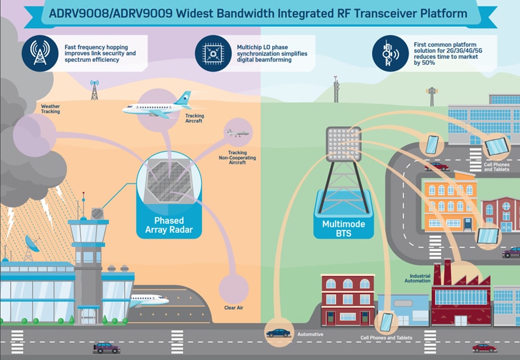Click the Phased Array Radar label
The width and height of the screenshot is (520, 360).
point(169,225)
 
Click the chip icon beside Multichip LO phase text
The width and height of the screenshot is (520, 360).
point(213,53)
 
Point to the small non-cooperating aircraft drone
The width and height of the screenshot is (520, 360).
point(237,133)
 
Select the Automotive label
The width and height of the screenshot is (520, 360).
point(310,336)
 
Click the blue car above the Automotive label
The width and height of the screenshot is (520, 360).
point(278,332)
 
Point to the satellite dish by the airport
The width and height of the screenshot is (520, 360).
point(32,243)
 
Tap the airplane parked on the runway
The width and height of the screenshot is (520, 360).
point(149,300)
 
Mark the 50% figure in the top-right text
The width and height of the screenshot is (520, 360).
point(427,62)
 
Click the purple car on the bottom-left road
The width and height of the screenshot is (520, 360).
point(106,347)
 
